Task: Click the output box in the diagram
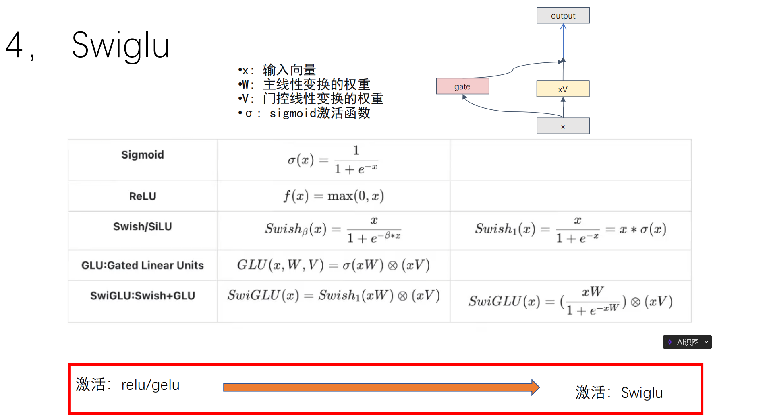pos(563,16)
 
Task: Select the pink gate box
pos(462,86)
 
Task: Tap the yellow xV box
pos(562,89)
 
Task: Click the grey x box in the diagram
pos(563,126)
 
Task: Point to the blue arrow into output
pos(563,40)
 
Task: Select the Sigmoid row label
pos(143,155)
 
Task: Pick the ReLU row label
pos(143,196)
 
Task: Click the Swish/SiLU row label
pos(143,226)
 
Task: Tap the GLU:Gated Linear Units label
pos(143,265)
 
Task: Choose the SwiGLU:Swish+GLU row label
pos(143,296)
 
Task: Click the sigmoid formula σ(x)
pos(333,160)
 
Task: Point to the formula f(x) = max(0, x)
pos(334,196)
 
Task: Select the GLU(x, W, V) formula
pos(334,265)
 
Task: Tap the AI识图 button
pos(687,342)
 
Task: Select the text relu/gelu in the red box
pos(150,385)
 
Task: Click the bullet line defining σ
pos(305,113)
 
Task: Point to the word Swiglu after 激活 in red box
pos(642,393)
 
